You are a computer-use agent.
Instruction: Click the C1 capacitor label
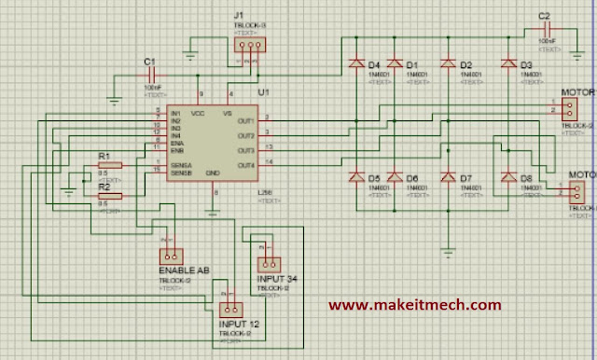pyautogui.click(x=147, y=62)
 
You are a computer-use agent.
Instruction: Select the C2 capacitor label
pyautogui.click(x=545, y=17)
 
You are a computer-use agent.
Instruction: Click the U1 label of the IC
pyautogui.click(x=262, y=93)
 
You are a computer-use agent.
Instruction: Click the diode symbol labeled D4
pyautogui.click(x=355, y=64)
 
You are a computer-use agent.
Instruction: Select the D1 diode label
pyautogui.click(x=412, y=64)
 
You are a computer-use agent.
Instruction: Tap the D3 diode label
pyautogui.click(x=526, y=64)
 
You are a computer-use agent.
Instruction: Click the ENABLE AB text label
pyautogui.click(x=184, y=270)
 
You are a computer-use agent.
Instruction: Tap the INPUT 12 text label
pyautogui.click(x=240, y=323)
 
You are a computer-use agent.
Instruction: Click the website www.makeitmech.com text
pyautogui.click(x=414, y=304)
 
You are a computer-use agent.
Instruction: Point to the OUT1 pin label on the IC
pyautogui.click(x=245, y=120)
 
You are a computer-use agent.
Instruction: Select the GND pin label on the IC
pyautogui.click(x=213, y=173)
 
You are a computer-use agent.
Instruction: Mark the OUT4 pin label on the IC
pyautogui.click(x=245, y=165)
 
